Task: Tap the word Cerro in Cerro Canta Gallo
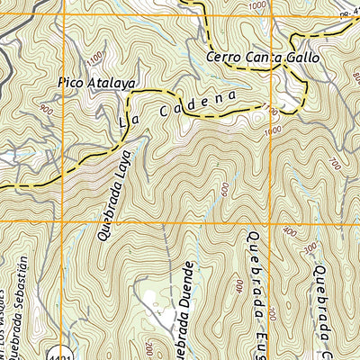(x=222, y=58)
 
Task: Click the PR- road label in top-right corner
(x=347, y=15)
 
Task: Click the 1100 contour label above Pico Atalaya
(x=95, y=57)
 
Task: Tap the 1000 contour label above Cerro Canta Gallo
(x=259, y=6)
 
